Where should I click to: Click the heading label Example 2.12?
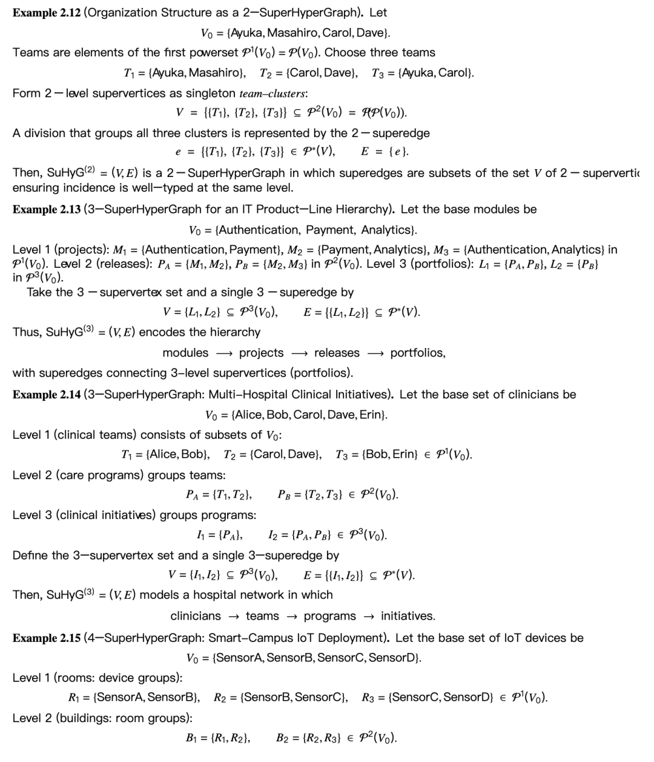click(46, 13)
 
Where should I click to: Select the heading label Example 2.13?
click(46, 210)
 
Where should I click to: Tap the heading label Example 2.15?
click(46, 638)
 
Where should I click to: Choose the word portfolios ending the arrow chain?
click(417, 353)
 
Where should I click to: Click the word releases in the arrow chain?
click(337, 353)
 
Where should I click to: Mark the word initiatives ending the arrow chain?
click(407, 617)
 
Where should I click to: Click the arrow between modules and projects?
click(223, 353)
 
